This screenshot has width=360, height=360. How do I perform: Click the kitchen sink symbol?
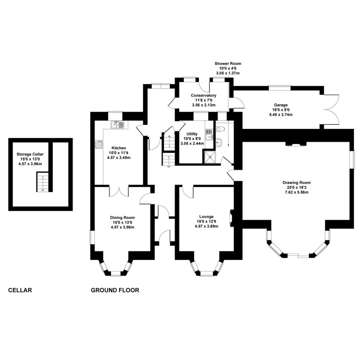[x=117, y=124]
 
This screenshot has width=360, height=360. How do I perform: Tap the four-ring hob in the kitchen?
[x=99, y=144]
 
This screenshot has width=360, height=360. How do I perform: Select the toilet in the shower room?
[x=220, y=129]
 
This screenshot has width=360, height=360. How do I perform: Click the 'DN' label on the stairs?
[x=169, y=136]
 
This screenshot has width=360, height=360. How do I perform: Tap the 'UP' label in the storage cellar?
[x=43, y=190]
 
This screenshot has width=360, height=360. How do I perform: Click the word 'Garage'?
[x=281, y=105]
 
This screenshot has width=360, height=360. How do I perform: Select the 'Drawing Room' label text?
[x=296, y=182]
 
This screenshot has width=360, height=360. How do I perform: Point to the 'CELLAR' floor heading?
[x=20, y=290]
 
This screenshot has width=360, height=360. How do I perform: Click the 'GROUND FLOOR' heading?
[x=115, y=290]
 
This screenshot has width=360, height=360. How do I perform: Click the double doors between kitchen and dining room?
[x=119, y=191]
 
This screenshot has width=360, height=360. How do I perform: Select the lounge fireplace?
[x=232, y=218]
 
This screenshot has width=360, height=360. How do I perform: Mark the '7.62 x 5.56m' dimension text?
[x=296, y=192]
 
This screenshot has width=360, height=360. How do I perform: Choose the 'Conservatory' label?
[x=204, y=95]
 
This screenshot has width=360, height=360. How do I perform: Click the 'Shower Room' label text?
[x=228, y=64]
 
